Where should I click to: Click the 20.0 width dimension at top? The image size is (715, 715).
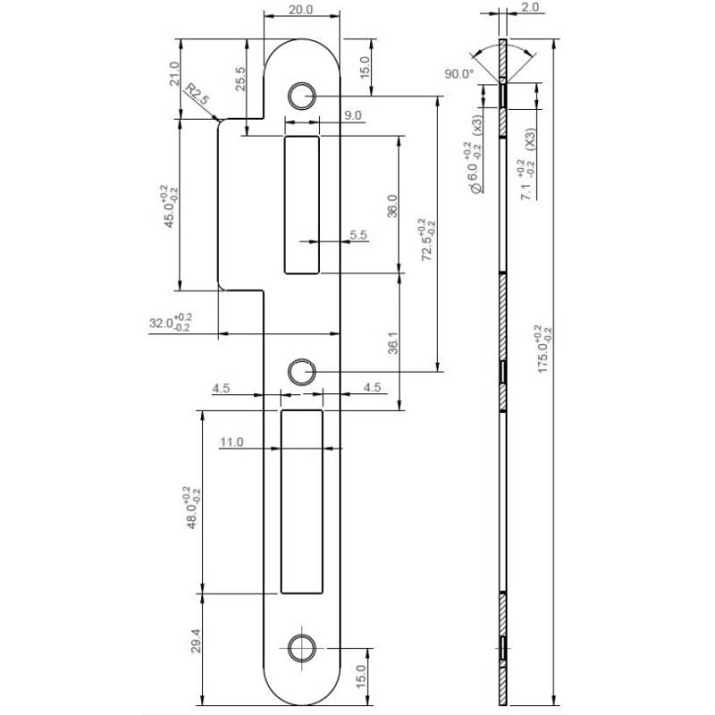coord(302,10)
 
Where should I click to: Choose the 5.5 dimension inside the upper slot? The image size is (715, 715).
coord(359,234)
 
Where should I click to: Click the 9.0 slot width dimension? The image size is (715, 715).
coord(352,115)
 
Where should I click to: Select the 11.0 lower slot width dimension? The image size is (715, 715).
coord(231,442)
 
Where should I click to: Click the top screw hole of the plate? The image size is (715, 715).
coord(301,96)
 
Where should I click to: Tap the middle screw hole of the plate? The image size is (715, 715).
coord(301,370)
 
